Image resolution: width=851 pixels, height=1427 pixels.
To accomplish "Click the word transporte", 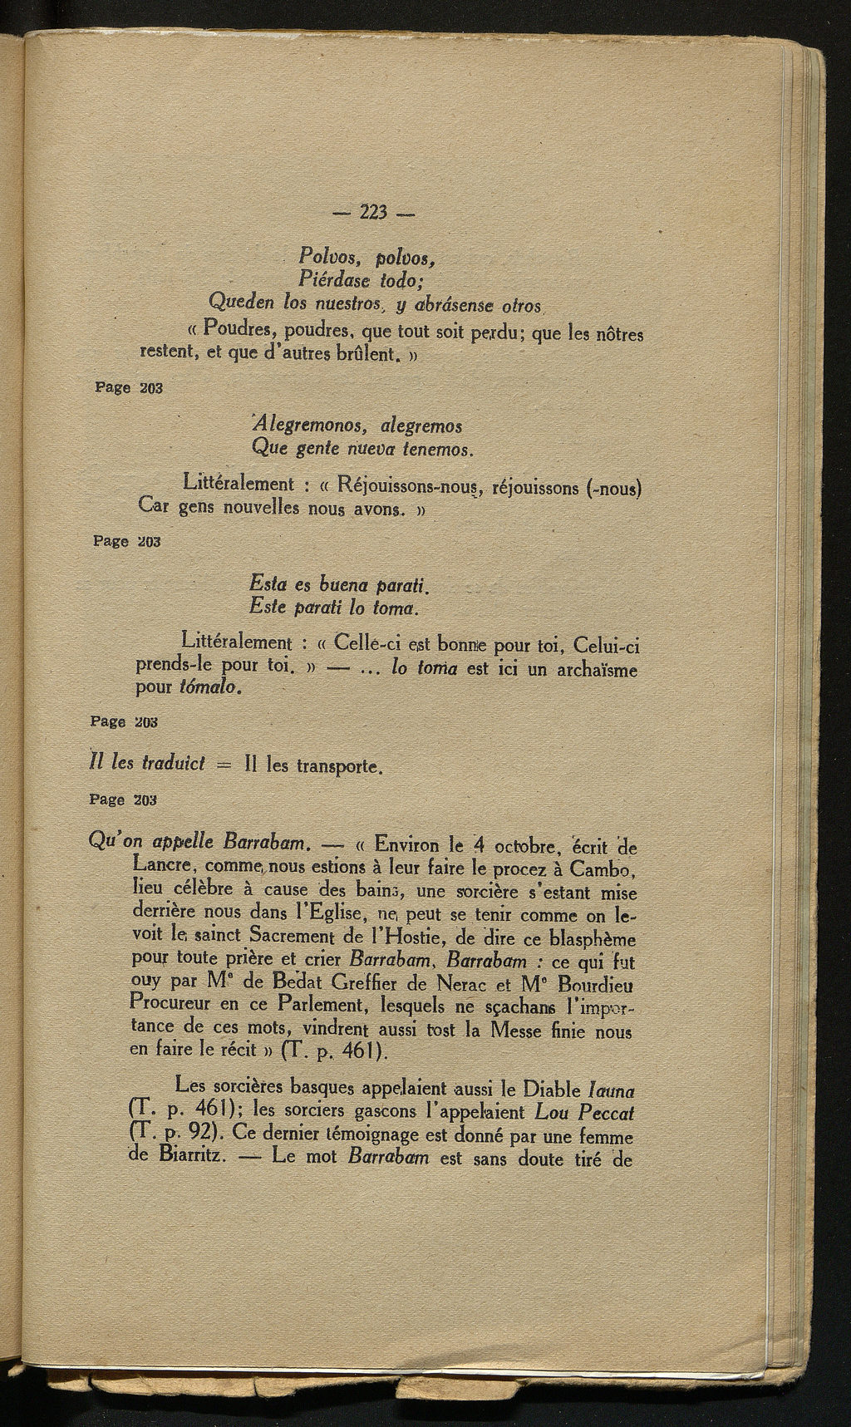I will pos(337,765).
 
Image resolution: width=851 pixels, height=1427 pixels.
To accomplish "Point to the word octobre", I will pos(523,849).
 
